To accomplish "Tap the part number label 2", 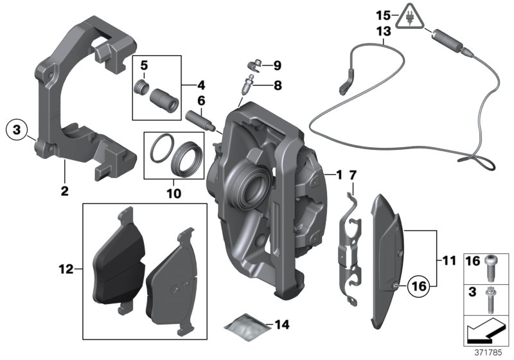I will (64, 190).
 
